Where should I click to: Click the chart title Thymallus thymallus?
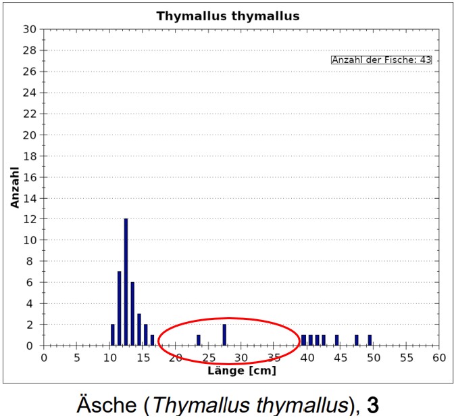228,15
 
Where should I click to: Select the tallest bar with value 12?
126,281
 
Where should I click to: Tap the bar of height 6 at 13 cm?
132,314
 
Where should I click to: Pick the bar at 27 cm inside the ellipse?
224,335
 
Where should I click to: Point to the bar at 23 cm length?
198,340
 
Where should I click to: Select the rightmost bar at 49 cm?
370,340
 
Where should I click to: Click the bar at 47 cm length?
357,340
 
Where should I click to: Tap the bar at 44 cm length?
336,340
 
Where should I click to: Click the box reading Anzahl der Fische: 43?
381,60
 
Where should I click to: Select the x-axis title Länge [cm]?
241,371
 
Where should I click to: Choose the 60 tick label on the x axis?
439,357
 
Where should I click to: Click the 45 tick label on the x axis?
340,357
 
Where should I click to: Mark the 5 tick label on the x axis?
77,357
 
